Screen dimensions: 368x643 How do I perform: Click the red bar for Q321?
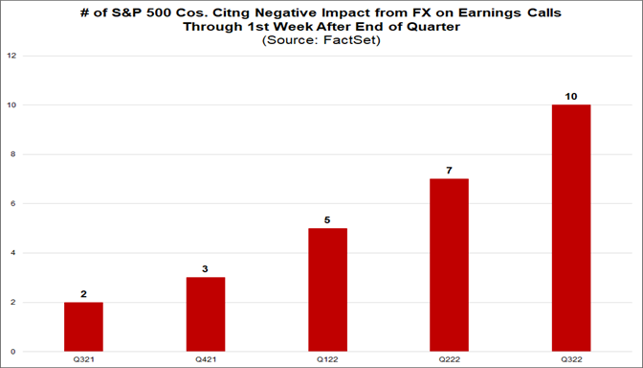(x=83, y=327)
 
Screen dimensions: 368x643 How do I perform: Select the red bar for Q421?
(x=205, y=314)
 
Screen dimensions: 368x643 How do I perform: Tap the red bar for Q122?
(x=327, y=289)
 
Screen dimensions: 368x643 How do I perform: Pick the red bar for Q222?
(x=450, y=264)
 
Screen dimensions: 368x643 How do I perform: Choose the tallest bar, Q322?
(x=571, y=228)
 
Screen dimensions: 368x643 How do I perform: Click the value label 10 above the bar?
(x=571, y=96)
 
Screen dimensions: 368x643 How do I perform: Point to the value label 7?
(x=450, y=170)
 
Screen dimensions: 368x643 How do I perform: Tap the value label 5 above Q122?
(x=327, y=219)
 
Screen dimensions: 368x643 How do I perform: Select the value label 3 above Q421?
(x=205, y=269)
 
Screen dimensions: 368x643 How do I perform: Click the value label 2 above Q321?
(x=83, y=294)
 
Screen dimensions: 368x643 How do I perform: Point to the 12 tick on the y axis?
(x=11, y=56)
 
